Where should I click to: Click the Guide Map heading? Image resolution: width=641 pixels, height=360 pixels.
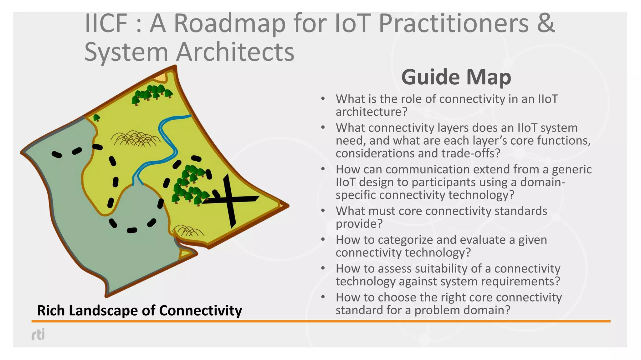point(456,77)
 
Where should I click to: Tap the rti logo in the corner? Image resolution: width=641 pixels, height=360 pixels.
point(38,334)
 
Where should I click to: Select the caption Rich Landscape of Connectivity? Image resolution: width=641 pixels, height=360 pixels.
point(139,311)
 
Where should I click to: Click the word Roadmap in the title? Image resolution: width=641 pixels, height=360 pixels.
point(229,23)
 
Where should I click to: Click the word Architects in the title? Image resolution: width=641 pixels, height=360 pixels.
point(235,52)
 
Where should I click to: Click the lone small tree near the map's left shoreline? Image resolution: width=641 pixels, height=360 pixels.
point(97,118)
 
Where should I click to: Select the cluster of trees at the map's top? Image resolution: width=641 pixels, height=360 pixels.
point(152,93)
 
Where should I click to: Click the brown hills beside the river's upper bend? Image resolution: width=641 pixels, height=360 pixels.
point(135,138)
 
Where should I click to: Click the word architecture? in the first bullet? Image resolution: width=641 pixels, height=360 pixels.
point(371,112)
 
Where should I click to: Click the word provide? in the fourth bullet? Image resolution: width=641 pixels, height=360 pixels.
point(359,224)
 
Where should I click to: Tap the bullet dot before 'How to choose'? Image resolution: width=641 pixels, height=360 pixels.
point(323,297)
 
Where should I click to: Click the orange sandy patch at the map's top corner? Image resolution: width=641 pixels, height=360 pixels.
point(160,77)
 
